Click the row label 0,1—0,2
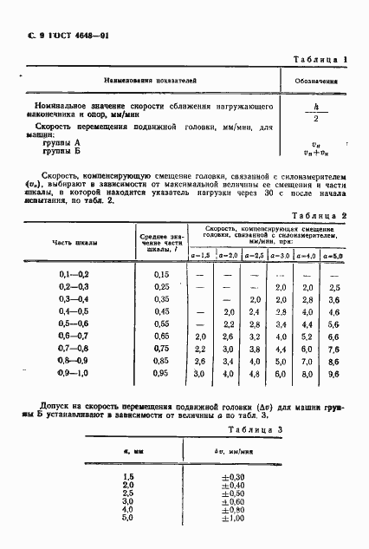click(74, 274)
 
